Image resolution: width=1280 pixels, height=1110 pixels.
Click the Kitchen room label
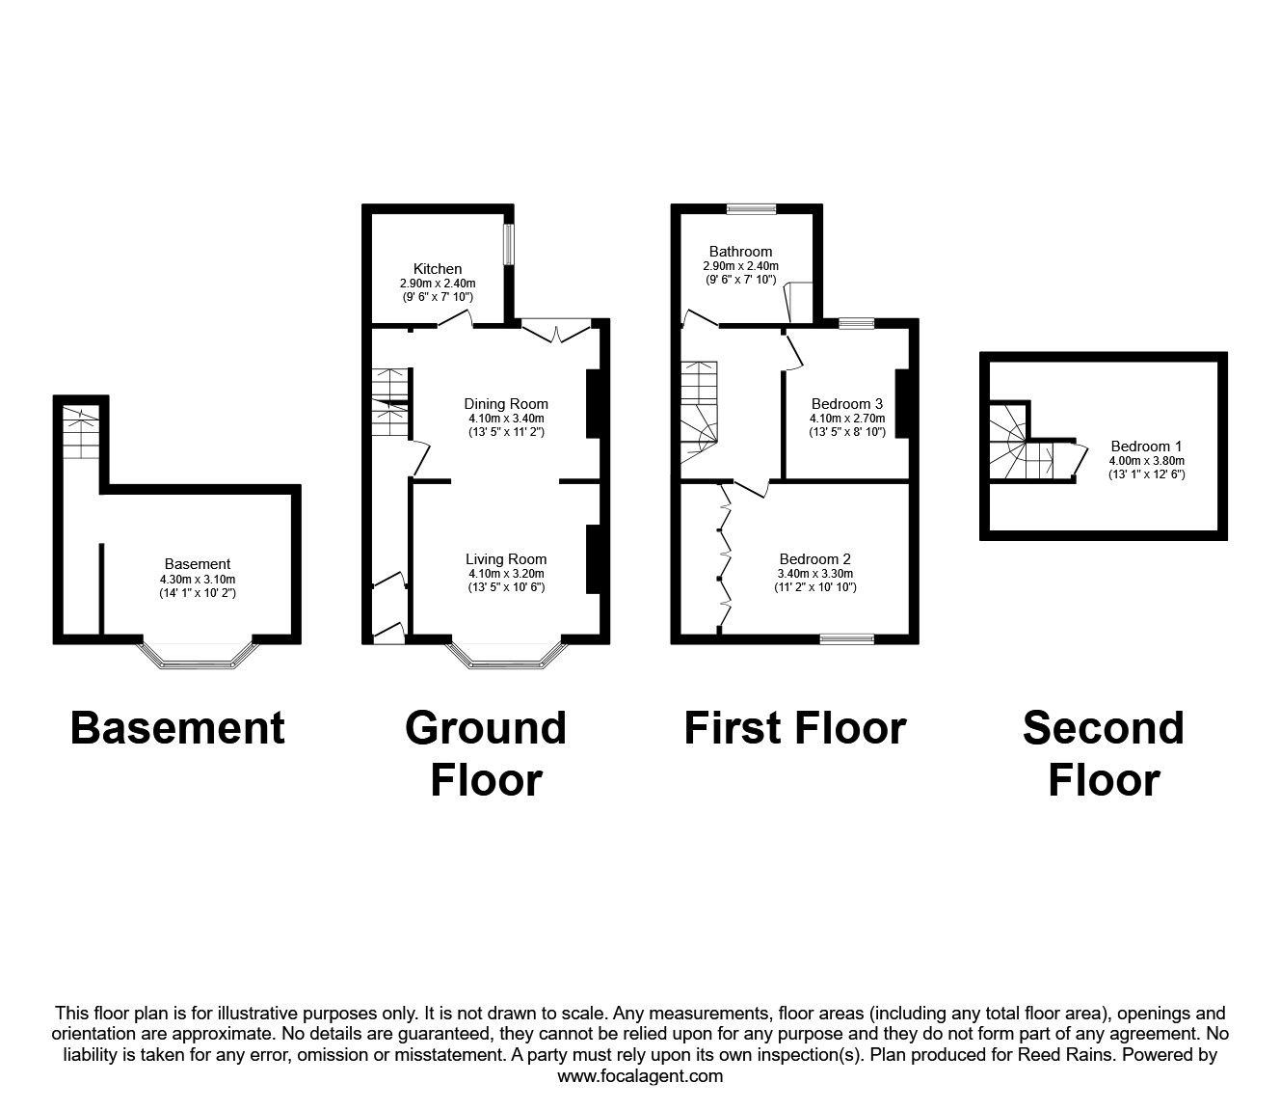(x=438, y=268)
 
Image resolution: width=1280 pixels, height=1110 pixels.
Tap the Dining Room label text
(x=506, y=404)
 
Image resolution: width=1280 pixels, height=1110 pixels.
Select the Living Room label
(x=506, y=558)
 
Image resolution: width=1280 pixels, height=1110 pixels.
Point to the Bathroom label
(x=740, y=251)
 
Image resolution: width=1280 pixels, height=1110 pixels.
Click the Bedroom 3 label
(x=846, y=404)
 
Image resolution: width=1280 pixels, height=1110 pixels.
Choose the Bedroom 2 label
(x=814, y=558)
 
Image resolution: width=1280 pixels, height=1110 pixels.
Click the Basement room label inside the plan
(x=197, y=563)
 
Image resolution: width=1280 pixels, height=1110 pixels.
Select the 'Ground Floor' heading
(x=486, y=753)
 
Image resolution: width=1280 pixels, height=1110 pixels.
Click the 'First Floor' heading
(x=794, y=728)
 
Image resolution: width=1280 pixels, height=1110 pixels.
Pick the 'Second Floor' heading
(x=1103, y=753)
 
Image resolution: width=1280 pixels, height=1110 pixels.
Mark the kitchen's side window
(x=509, y=243)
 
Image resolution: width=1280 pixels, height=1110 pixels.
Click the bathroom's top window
(x=751, y=207)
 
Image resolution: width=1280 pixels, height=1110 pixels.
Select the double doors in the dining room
(x=556, y=330)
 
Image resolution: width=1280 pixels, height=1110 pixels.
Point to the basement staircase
(x=80, y=434)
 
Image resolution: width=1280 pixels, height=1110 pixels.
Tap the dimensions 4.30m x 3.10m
(x=197, y=579)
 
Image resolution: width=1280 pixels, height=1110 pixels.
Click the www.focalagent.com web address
(x=640, y=1076)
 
